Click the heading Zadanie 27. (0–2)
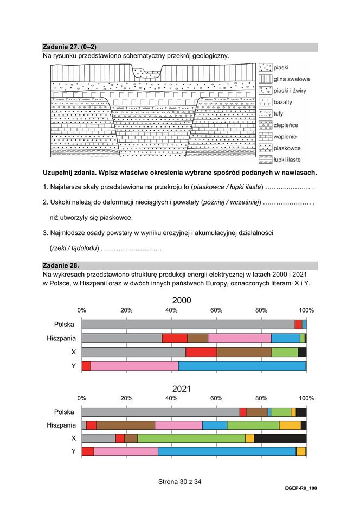(69, 47)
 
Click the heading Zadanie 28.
(61, 265)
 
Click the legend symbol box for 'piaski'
(265, 68)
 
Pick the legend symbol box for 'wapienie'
(265, 136)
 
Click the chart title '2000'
(181, 301)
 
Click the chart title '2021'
(181, 389)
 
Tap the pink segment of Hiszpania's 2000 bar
(239, 339)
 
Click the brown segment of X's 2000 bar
(244, 352)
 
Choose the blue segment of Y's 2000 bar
(242, 366)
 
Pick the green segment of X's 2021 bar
(191, 438)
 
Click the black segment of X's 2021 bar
(280, 438)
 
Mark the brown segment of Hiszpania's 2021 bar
(125, 425)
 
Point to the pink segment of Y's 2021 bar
(126, 451)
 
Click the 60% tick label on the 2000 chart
(216, 310)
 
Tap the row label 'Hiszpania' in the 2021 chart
(61, 425)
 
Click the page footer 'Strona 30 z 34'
(179, 481)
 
